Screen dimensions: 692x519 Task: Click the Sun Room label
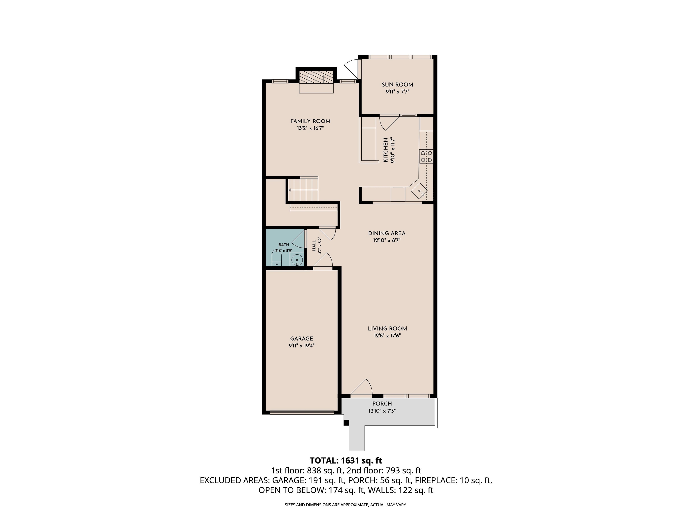[397, 84]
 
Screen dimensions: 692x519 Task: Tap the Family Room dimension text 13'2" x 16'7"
[310, 128]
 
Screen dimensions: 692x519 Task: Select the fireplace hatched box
[316, 77]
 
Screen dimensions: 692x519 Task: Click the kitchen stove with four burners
[426, 156]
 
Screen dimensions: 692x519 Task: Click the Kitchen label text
[386, 150]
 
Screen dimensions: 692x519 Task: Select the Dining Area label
[387, 233]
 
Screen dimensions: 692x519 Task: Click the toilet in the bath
[277, 259]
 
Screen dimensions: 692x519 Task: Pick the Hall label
[314, 246]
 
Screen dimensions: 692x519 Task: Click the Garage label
[302, 339]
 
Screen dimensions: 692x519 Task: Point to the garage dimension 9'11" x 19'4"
[302, 346]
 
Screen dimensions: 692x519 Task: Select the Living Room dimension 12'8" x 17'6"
[387, 336]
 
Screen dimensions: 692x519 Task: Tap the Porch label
[382, 404]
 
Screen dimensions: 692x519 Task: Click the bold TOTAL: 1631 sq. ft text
[346, 460]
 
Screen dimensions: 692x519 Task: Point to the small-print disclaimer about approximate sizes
[346, 505]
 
